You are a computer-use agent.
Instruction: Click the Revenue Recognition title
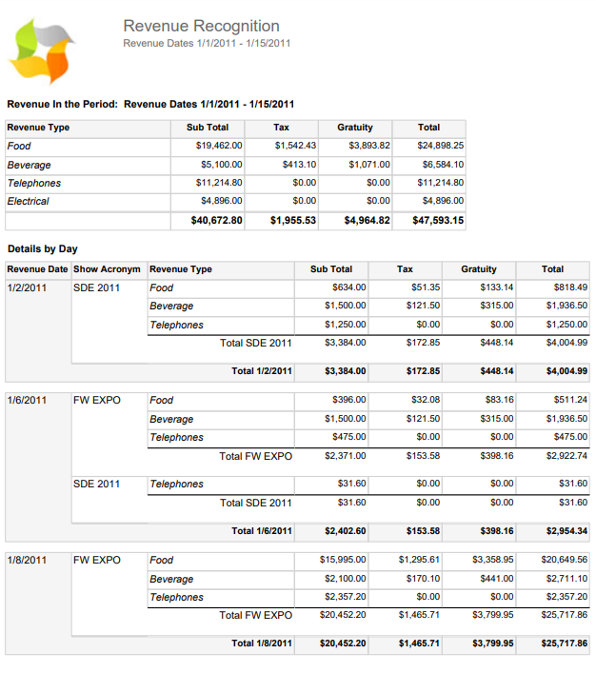tap(201, 27)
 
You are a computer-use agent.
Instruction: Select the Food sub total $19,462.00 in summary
tap(219, 146)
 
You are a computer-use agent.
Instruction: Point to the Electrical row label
tap(29, 201)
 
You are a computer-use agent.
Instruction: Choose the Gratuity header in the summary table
tap(355, 128)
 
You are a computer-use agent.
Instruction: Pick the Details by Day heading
tap(44, 249)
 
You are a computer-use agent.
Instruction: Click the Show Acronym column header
tap(107, 269)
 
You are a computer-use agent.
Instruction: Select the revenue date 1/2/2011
tap(27, 287)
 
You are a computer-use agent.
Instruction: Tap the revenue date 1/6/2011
tap(27, 400)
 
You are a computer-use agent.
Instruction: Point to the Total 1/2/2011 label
tap(261, 371)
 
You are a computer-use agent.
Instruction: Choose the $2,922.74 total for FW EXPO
tap(566, 456)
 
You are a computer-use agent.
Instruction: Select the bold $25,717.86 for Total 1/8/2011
tap(565, 644)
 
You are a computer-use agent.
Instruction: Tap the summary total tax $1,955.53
tap(292, 221)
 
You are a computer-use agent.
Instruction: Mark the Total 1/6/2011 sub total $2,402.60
tap(345, 531)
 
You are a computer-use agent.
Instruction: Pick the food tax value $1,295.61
tap(419, 560)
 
